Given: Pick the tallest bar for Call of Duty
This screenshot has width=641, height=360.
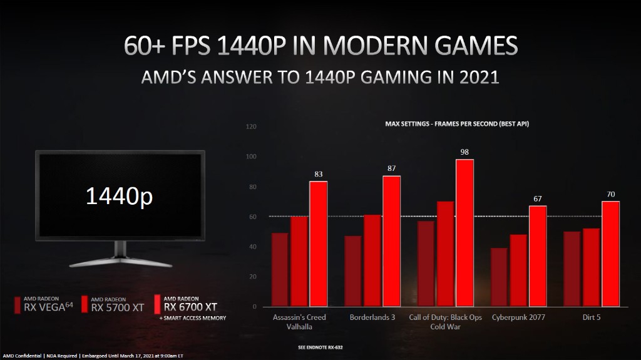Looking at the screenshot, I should pos(464,232).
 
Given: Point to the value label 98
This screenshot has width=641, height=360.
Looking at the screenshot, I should pos(464,152).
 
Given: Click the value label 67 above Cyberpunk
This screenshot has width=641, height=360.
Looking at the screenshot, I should pos(538,198).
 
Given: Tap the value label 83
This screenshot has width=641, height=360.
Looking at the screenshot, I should pos(318,173).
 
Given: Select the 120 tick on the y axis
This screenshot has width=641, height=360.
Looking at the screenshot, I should pos(252,127).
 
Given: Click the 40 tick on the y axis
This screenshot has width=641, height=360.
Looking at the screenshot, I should pos(253,247).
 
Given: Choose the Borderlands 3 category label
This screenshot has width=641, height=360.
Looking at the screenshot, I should pos(372,317).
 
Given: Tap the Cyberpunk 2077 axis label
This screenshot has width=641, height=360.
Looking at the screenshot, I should pos(518,317).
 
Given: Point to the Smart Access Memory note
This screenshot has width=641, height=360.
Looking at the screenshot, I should pos(193,318).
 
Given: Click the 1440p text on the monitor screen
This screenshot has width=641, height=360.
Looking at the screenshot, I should pos(119,196).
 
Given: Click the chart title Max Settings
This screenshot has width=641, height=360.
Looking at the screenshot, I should pos(457,124).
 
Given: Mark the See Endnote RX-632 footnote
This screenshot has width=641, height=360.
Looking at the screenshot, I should pos(321,346).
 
